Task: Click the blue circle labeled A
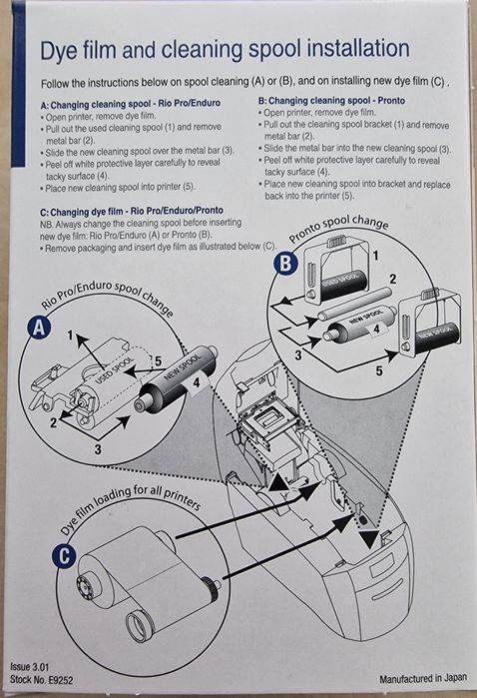point(40,328)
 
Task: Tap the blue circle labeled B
point(285,264)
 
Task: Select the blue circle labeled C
point(64,557)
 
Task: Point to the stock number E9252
point(61,680)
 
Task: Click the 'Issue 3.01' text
point(29,667)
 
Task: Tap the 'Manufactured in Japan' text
point(423,678)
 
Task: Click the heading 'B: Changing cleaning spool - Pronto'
point(331,101)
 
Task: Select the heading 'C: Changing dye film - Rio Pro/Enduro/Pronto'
point(132,211)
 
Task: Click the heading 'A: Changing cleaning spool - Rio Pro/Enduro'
point(131,104)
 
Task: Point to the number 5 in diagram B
point(378,370)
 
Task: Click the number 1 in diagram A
point(70,335)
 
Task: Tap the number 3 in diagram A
point(98,449)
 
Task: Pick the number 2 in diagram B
point(392,280)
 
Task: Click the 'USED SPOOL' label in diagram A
point(115,370)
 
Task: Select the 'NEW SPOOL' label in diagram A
point(183,365)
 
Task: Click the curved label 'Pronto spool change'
point(339,228)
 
